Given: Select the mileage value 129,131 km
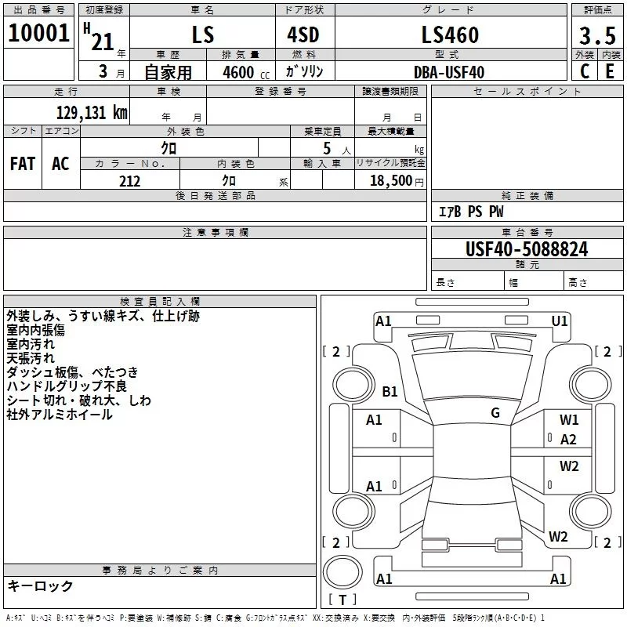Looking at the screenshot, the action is click(x=91, y=113).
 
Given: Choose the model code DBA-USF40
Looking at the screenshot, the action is click(x=449, y=72).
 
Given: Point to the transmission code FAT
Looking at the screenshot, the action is click(x=23, y=163).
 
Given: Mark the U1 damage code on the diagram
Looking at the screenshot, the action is click(x=560, y=321).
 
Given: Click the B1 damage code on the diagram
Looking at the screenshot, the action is click(x=390, y=391).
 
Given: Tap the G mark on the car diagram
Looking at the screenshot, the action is click(x=495, y=413).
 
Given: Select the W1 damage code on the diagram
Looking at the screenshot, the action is click(x=569, y=420).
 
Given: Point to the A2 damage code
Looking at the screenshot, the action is click(x=569, y=440).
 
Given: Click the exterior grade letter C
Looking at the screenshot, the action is click(x=584, y=72).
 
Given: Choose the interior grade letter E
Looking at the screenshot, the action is click(x=610, y=72).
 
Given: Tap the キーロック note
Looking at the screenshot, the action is click(x=40, y=586).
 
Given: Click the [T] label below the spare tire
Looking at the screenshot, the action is click(x=342, y=600).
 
